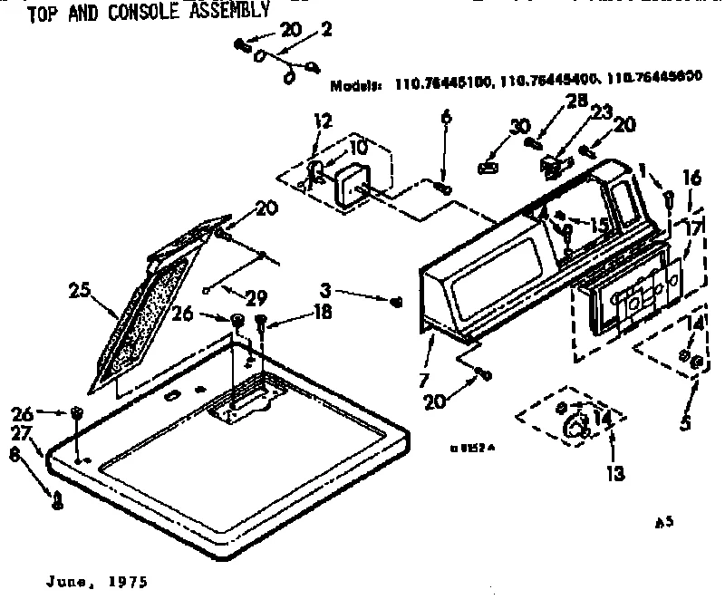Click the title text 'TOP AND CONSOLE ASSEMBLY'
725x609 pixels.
click(149, 12)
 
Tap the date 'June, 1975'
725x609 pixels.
click(94, 581)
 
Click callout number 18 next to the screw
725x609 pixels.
click(296, 312)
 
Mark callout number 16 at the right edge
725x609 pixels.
click(693, 180)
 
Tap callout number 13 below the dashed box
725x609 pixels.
click(614, 472)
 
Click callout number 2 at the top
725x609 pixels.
click(326, 30)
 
